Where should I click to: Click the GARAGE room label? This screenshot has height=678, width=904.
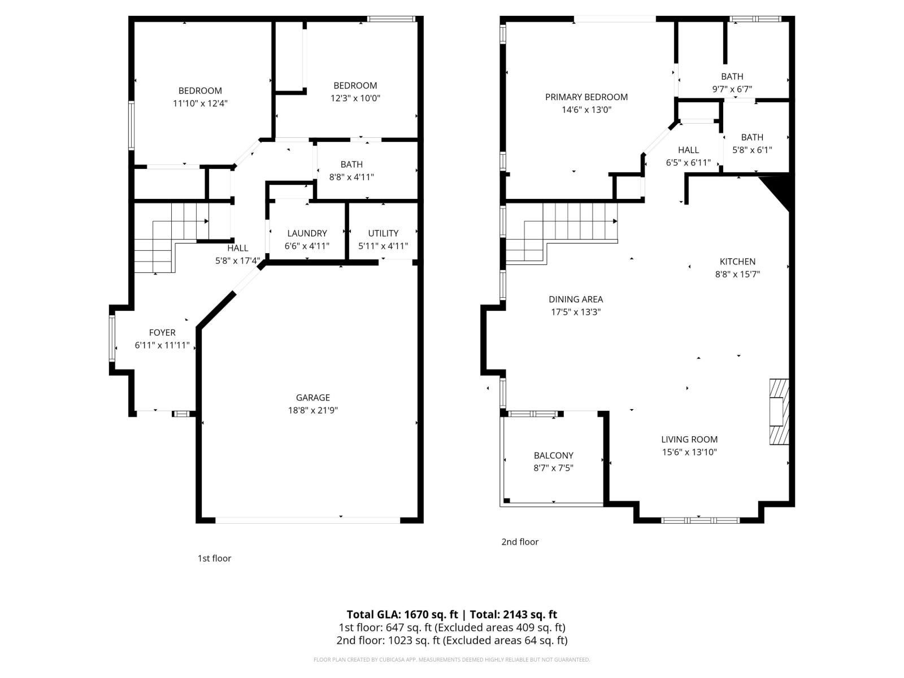(x=312, y=398)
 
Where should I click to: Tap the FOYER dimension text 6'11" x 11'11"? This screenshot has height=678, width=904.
(x=162, y=346)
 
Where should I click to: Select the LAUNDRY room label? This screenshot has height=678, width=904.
(x=307, y=233)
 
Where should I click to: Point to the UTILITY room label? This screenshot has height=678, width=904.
(x=383, y=233)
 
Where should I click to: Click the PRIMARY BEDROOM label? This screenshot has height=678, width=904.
(x=586, y=97)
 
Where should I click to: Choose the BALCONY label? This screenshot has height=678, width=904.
(x=553, y=455)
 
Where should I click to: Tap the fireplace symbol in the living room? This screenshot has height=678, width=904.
(x=778, y=411)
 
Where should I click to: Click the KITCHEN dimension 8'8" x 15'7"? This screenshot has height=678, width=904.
(x=737, y=275)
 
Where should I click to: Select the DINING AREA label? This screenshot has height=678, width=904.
(x=576, y=299)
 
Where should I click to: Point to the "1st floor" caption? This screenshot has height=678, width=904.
(x=214, y=558)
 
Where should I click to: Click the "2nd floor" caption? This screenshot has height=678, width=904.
(x=520, y=542)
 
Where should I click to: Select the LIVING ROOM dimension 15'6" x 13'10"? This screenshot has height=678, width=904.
(x=689, y=452)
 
